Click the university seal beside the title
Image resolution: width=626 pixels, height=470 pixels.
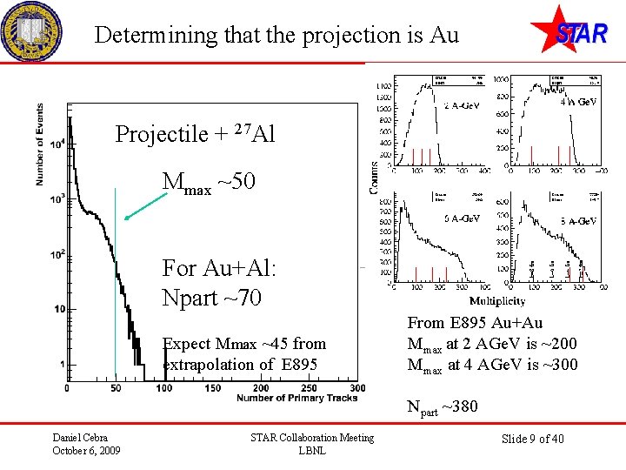31,32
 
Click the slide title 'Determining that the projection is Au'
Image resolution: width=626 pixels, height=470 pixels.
276,36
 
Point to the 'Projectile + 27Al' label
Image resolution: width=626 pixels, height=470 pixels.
195,134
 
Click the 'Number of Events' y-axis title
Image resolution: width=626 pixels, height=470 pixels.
41,144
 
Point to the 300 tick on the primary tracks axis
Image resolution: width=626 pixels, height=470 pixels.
356,387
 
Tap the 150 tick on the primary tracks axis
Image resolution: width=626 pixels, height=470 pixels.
212,387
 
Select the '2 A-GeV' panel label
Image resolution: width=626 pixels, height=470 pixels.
463,106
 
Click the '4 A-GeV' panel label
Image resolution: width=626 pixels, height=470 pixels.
578,101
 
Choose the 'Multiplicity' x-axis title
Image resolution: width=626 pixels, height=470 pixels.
496,300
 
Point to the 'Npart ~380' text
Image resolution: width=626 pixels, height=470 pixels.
443,406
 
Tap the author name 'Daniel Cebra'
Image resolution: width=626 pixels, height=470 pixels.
81,437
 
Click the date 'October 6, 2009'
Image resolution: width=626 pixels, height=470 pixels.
86,450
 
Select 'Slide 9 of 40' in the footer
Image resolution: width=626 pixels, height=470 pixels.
534,439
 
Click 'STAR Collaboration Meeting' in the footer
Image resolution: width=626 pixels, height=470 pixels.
311,437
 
